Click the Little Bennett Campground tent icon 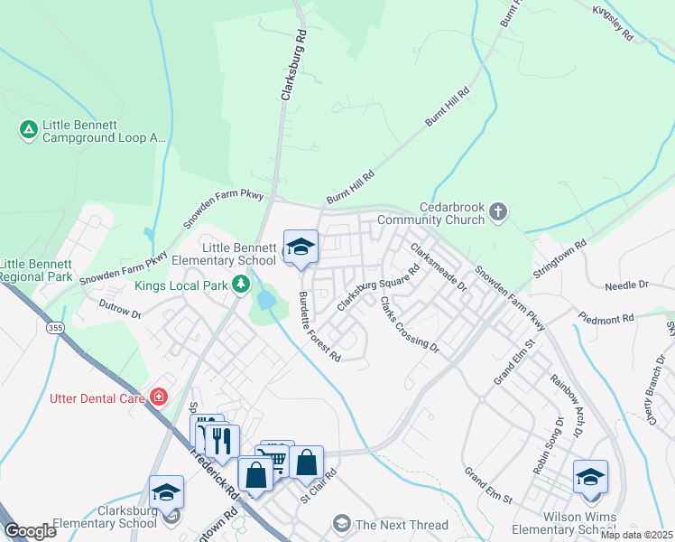pyautogui.click(x=29, y=130)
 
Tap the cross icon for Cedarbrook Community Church pyautogui.click(x=499, y=212)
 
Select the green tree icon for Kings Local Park pyautogui.click(x=241, y=285)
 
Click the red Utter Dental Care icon pyautogui.click(x=160, y=397)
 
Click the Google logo pyautogui.click(x=31, y=531)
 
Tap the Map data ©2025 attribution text pyautogui.click(x=637, y=535)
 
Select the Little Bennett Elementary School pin pyautogui.click(x=300, y=248)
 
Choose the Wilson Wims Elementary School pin pyautogui.click(x=590, y=478)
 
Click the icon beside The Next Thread pyautogui.click(x=342, y=523)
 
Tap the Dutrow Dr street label pyautogui.click(x=120, y=311)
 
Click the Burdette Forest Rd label pyautogui.click(x=319, y=327)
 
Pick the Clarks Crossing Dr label pyautogui.click(x=408, y=324)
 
